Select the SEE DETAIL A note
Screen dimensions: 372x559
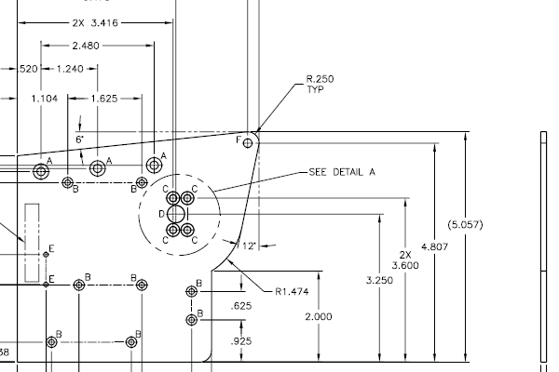(x=342, y=172)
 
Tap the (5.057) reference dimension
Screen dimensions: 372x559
(x=491, y=224)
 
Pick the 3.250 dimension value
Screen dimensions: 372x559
(x=379, y=279)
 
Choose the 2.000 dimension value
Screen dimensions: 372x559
(x=319, y=316)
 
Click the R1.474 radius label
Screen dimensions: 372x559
(x=292, y=291)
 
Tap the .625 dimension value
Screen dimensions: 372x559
(x=242, y=305)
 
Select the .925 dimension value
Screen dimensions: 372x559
(x=242, y=342)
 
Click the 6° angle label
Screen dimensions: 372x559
(x=80, y=139)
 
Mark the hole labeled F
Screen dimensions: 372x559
(x=249, y=142)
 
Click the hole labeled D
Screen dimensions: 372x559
(x=173, y=214)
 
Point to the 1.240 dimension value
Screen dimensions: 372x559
(x=70, y=69)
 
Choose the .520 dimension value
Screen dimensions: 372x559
(x=29, y=69)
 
